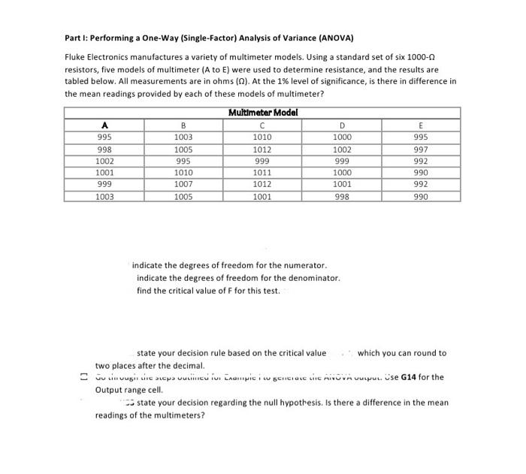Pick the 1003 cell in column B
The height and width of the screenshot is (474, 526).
[183, 137]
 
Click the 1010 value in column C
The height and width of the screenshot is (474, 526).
[262, 137]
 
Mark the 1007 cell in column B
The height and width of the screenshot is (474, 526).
[183, 184]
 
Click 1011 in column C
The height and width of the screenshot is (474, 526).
[262, 173]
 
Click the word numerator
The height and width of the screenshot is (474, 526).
[306, 266]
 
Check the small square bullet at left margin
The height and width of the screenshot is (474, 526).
[85, 377]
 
